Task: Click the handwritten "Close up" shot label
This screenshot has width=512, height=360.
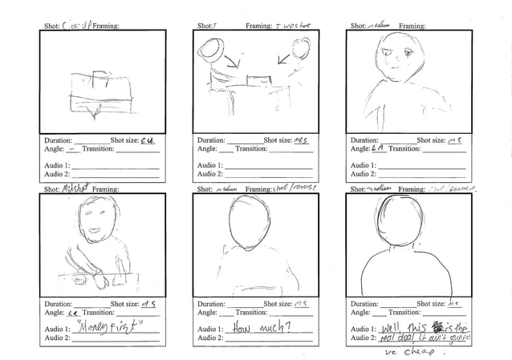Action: pos(74,26)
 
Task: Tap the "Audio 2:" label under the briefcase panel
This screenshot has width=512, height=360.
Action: pos(57,173)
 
